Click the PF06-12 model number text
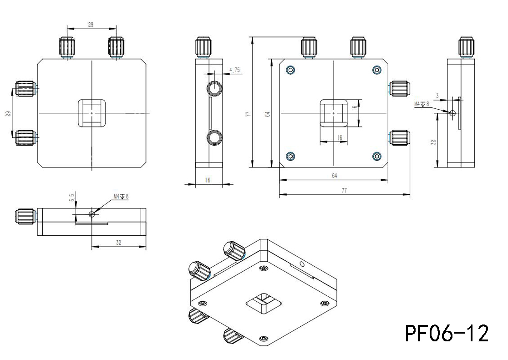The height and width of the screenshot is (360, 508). [x=447, y=334]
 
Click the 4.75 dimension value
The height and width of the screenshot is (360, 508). [x=235, y=70]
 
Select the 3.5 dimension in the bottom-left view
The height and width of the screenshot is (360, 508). [x=71, y=198]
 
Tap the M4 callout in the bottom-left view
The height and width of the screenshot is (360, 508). [x=121, y=197]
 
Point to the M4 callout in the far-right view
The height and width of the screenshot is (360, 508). [x=422, y=104]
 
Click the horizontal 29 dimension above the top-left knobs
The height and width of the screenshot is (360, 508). [x=91, y=25]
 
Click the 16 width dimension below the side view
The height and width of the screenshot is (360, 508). [x=208, y=180]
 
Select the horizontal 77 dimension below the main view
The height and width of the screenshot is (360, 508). [x=344, y=191]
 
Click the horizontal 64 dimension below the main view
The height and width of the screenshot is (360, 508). [x=334, y=176]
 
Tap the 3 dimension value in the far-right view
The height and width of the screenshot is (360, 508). [x=437, y=96]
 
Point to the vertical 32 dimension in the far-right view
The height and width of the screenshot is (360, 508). [x=433, y=142]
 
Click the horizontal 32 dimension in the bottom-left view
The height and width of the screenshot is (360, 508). [x=118, y=243]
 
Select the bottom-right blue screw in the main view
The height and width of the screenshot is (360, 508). [x=376, y=156]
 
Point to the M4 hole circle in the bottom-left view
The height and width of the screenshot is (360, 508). [x=92, y=214]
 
